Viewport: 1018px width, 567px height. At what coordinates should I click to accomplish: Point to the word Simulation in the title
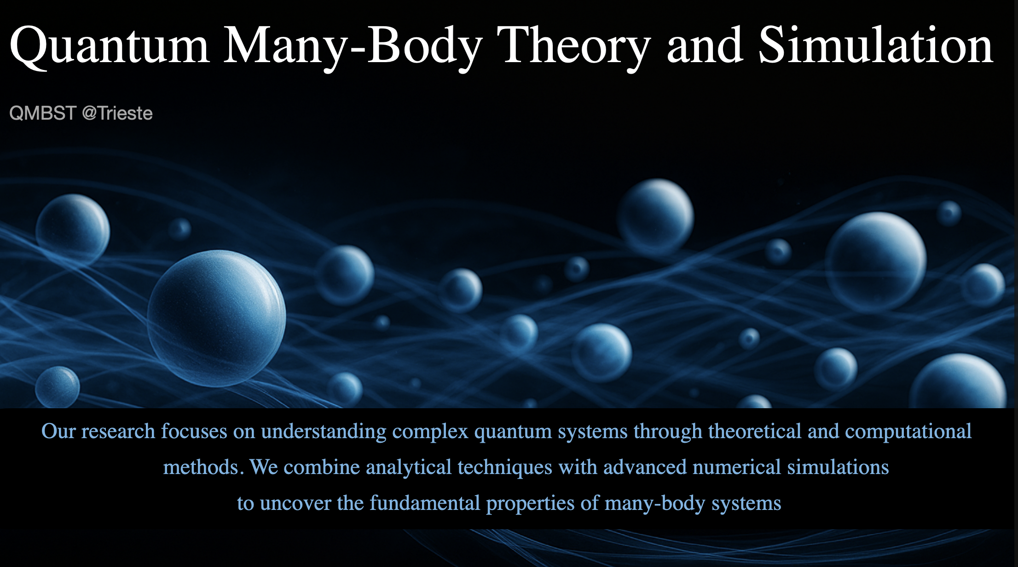point(876,45)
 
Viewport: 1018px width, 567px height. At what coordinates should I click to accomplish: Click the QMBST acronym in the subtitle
point(42,113)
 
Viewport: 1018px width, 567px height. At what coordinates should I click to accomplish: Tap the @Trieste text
point(117,113)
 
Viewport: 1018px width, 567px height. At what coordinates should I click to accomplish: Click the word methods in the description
point(201,467)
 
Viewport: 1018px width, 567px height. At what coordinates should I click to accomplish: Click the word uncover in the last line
point(295,503)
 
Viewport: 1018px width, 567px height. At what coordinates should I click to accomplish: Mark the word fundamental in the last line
point(425,503)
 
